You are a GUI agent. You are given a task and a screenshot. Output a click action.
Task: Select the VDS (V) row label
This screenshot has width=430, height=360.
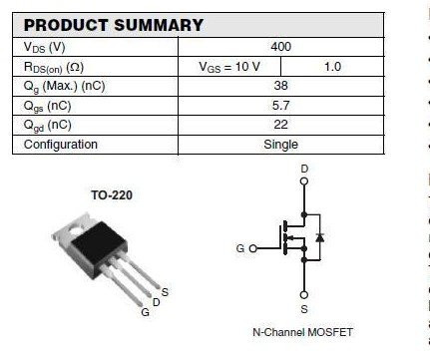(46, 47)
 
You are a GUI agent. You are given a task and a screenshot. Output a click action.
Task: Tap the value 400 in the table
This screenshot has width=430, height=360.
(281, 47)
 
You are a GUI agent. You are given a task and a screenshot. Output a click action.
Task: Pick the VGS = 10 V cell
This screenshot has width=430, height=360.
(230, 67)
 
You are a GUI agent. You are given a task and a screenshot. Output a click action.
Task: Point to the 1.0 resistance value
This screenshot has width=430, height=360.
(332, 67)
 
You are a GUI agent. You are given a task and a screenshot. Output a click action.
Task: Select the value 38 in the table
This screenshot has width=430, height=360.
(281, 87)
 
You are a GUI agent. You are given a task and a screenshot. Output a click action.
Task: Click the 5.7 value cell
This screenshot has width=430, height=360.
(281, 106)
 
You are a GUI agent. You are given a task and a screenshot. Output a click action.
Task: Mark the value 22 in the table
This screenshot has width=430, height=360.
(281, 125)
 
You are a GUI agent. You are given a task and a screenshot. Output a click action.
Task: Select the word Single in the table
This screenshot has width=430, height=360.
(281, 145)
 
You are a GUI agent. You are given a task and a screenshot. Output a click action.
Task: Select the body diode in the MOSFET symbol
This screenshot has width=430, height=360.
(319, 237)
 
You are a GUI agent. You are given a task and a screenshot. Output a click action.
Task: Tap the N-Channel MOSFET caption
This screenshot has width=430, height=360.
(303, 332)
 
